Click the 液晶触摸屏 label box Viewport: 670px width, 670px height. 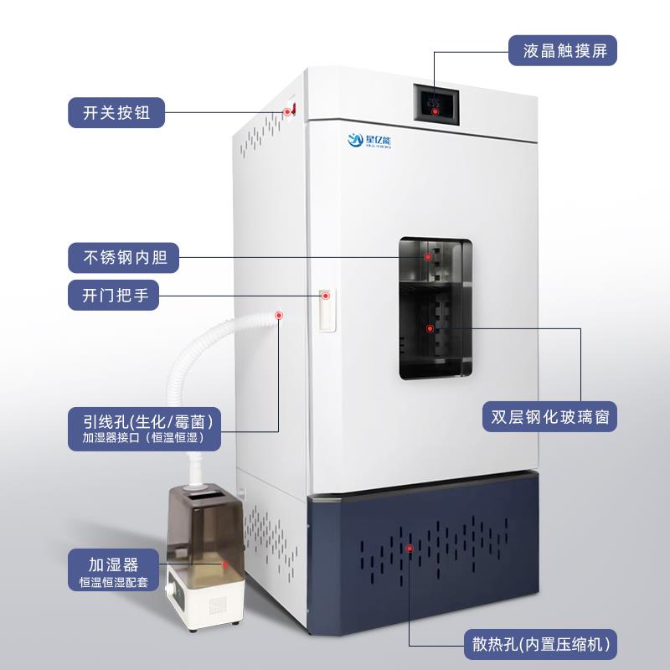point(564,52)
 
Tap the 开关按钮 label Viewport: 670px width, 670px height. point(116,112)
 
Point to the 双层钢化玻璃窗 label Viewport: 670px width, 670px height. point(549,416)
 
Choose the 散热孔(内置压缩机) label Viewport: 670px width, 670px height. point(539,645)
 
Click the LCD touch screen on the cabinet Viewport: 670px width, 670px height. point(435,106)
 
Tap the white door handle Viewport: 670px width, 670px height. point(327,310)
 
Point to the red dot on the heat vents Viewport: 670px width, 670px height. point(410,548)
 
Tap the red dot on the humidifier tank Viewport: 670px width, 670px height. point(224,566)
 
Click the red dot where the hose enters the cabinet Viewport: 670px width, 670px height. point(279,316)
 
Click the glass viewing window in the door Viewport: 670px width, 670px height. point(435,307)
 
